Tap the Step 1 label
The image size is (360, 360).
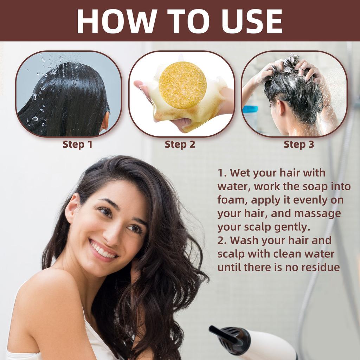coord(77,144)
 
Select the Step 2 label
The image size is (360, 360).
coord(180,144)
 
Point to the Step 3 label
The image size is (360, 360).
coord(299,144)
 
